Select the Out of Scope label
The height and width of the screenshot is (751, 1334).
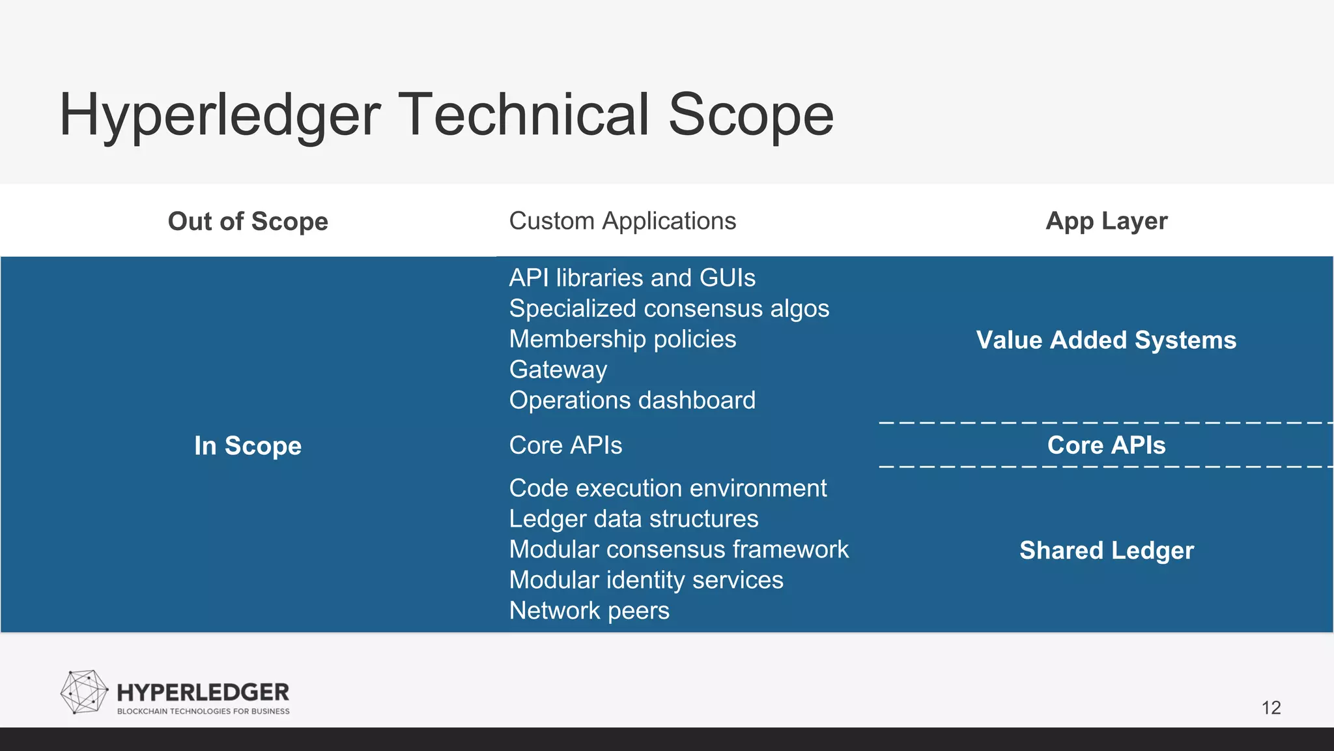[248, 222]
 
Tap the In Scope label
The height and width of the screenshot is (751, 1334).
[248, 446]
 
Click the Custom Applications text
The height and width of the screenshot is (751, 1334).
[622, 221]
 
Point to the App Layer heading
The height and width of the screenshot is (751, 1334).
[1106, 221]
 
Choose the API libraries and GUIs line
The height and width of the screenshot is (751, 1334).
[632, 278]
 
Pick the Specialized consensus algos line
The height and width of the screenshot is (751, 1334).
[669, 308]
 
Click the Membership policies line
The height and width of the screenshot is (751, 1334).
[622, 339]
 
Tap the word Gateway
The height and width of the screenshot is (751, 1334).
[558, 370]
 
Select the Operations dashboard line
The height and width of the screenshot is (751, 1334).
[632, 400]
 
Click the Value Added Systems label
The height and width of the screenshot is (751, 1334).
[1106, 340]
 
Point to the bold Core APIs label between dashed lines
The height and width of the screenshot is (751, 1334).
[1106, 445]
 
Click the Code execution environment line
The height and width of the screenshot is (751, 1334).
[668, 488]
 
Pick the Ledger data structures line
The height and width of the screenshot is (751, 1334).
[633, 519]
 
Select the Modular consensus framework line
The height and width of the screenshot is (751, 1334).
[678, 550]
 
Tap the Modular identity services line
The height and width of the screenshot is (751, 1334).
[646, 580]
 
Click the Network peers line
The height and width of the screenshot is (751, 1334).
[589, 611]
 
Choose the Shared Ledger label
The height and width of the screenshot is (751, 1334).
[1106, 551]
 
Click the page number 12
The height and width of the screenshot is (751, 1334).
[1271, 708]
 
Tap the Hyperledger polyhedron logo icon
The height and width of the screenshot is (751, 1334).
[84, 692]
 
